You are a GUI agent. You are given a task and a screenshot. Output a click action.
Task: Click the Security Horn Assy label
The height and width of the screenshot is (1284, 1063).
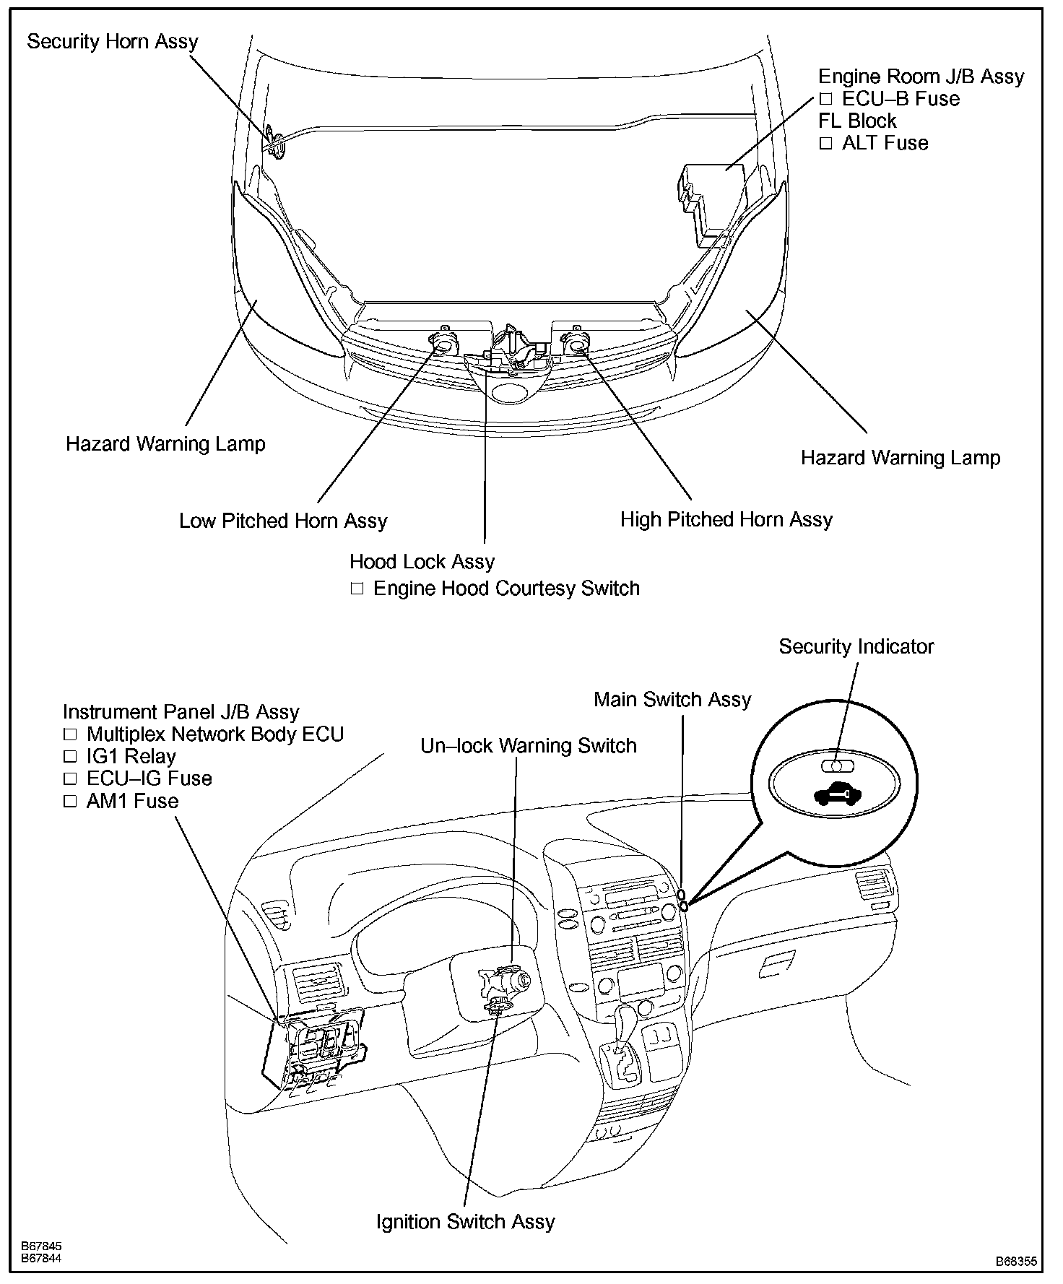(x=112, y=42)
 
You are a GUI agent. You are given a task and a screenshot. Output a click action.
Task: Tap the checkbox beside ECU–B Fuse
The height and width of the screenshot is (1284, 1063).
(x=825, y=99)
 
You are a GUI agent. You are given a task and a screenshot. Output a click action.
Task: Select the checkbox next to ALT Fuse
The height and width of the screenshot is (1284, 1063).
(x=825, y=143)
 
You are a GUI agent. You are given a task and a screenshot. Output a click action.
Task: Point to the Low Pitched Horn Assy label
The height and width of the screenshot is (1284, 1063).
(x=283, y=521)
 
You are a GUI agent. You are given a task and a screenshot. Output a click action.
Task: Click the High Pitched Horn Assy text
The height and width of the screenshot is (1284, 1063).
(x=726, y=519)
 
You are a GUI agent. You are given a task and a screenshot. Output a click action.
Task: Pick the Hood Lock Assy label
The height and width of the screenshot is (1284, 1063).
(x=422, y=562)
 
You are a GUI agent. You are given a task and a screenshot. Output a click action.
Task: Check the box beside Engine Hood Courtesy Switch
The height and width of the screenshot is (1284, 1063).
(x=357, y=589)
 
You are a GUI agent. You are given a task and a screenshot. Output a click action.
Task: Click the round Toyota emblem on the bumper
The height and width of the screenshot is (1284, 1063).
(x=511, y=394)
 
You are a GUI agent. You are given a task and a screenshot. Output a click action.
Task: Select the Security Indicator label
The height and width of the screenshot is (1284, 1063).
(x=856, y=646)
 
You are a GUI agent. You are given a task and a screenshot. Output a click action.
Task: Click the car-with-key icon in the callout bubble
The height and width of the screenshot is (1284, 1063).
(x=837, y=794)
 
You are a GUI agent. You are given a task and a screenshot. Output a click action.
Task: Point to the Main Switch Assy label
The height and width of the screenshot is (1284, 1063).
(x=672, y=699)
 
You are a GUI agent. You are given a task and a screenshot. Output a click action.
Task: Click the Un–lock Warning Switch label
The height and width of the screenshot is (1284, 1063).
(x=529, y=745)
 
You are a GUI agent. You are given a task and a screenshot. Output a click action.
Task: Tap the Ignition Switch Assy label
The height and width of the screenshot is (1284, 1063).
(x=465, y=1221)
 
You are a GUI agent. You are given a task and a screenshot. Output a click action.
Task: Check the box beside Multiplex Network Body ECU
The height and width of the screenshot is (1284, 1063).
(x=70, y=734)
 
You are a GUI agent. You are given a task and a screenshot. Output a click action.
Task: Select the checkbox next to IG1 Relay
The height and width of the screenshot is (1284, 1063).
(x=70, y=757)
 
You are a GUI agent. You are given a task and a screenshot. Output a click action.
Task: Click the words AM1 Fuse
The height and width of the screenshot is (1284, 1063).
(x=132, y=801)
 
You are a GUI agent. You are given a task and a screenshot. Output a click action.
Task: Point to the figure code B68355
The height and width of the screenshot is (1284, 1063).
(x=1016, y=1262)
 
